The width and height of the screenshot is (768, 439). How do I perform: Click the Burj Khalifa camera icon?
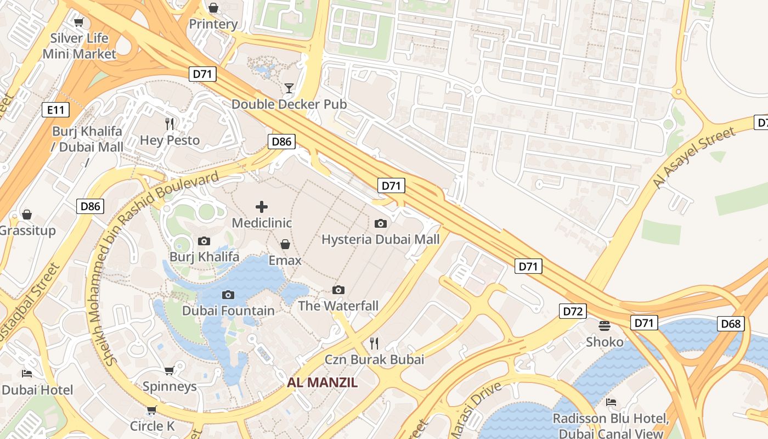[x=204, y=241]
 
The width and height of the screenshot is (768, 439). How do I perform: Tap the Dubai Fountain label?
[x=228, y=311]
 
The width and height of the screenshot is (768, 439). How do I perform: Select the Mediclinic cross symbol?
[x=262, y=207]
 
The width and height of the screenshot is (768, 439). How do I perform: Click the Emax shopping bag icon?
[x=285, y=244]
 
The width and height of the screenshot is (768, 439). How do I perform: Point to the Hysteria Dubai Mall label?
[x=380, y=239]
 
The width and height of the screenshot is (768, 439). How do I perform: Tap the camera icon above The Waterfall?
[x=338, y=290]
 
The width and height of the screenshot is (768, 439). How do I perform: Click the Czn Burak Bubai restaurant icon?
[x=374, y=344]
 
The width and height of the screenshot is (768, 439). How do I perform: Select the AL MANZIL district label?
[x=322, y=382]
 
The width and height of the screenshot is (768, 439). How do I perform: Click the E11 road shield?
[x=55, y=110]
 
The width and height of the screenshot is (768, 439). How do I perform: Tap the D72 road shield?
[x=573, y=312]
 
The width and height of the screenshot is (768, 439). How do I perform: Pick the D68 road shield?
[x=731, y=324]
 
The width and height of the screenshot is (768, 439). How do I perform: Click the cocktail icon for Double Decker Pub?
[x=289, y=88]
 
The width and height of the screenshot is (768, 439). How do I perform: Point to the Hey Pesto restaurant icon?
[x=170, y=124]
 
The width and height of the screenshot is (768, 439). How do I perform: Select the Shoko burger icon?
[x=605, y=326]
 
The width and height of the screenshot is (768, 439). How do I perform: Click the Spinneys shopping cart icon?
[x=170, y=370]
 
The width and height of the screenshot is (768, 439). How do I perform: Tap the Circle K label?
[x=152, y=426]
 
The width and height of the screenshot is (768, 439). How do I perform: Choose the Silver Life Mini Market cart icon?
[x=79, y=22]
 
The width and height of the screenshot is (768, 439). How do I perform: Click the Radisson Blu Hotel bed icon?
[x=611, y=402]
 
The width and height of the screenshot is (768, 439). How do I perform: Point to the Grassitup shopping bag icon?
[x=26, y=215]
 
